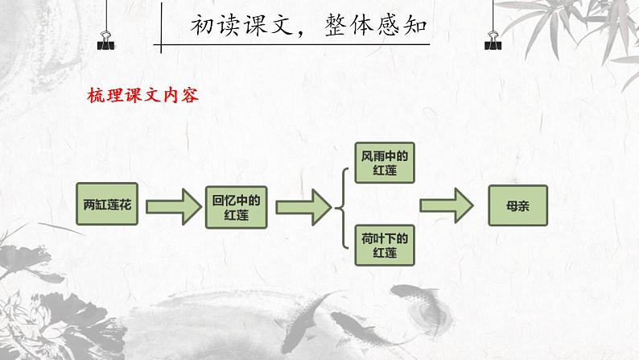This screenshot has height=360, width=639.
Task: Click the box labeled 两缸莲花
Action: point(109,205)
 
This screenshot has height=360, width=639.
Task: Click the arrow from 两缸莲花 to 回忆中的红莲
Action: point(172,206)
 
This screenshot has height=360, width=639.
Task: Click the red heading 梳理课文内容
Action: point(142,95)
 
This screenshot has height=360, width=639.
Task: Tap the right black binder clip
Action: point(490,37)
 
